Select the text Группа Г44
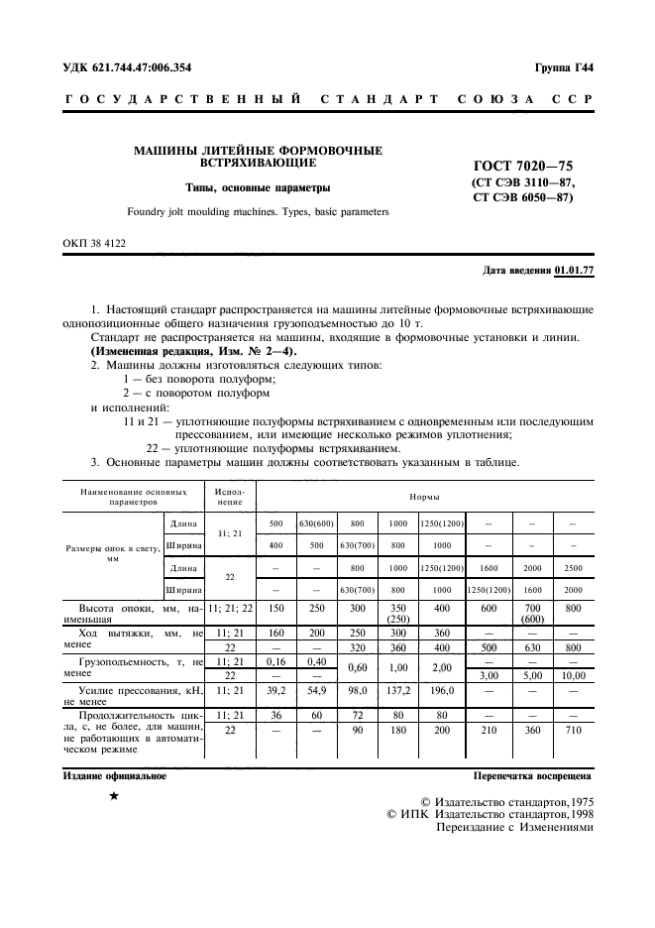[x=564, y=67]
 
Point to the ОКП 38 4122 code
[x=88, y=242]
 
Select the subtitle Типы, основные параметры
[x=259, y=187]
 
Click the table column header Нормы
[x=425, y=495]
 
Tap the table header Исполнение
[x=230, y=495]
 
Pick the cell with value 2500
[x=572, y=568]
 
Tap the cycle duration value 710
[x=572, y=730]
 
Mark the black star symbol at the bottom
[x=114, y=797]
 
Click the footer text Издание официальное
[x=108, y=776]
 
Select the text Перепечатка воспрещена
[x=532, y=776]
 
